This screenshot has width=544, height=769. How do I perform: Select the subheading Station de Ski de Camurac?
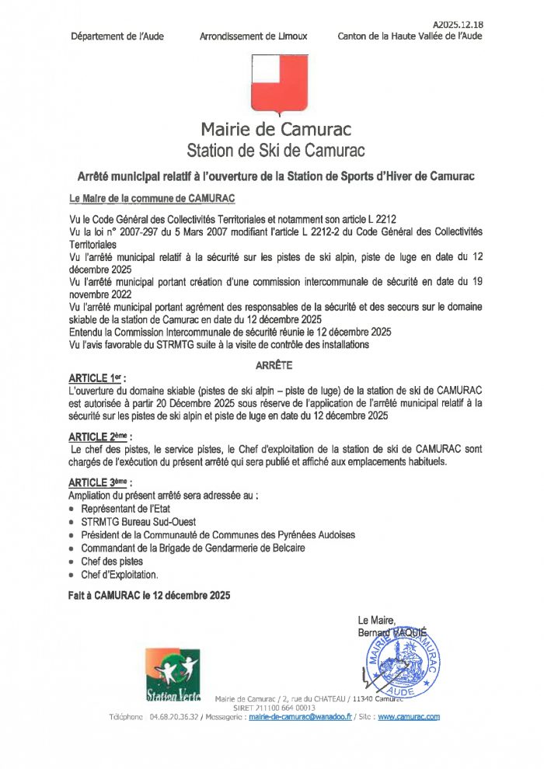(x=276, y=148)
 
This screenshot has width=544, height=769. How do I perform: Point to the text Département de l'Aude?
(x=117, y=37)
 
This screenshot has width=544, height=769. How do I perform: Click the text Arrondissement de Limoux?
(x=253, y=37)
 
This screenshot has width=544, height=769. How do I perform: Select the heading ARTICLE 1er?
(x=97, y=378)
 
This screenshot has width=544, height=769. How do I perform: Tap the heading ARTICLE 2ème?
(x=99, y=436)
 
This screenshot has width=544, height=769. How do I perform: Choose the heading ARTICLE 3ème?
(x=99, y=482)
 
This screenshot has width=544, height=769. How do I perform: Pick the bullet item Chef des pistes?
(x=112, y=561)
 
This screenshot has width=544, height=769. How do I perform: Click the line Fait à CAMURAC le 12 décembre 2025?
(x=149, y=595)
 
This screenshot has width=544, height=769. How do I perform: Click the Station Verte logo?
(x=173, y=674)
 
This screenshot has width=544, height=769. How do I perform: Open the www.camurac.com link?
(x=409, y=716)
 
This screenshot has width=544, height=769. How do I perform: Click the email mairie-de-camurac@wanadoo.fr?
(x=301, y=716)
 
